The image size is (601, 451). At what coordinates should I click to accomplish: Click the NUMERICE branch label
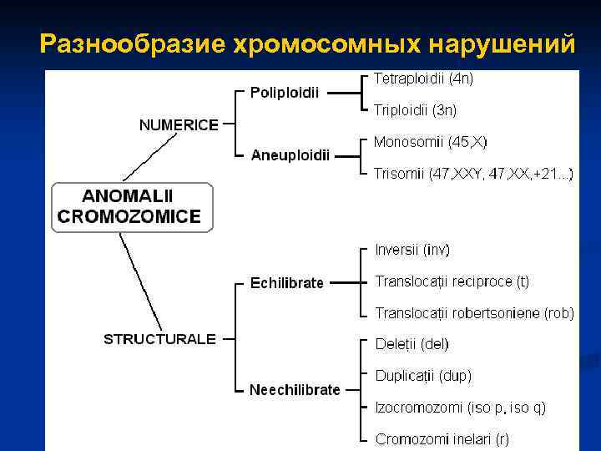(x=179, y=125)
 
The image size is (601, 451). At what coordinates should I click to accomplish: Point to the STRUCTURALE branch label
(x=159, y=339)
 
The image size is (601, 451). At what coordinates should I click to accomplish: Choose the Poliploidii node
(x=285, y=92)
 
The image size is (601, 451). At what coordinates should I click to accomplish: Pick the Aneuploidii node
(x=290, y=155)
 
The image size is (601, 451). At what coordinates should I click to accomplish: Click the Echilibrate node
(x=286, y=283)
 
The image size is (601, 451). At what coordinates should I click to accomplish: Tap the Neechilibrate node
(x=295, y=390)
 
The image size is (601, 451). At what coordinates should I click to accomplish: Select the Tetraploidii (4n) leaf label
(x=423, y=79)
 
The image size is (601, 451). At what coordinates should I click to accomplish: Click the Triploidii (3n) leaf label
(x=415, y=109)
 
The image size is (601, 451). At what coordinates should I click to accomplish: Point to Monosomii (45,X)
(x=431, y=142)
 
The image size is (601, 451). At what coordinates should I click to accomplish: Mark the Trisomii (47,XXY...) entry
(x=472, y=174)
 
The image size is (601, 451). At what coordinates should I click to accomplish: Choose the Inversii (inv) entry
(x=412, y=250)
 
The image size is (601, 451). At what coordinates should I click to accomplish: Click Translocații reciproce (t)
(x=452, y=281)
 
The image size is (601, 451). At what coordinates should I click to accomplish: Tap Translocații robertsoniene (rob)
(x=474, y=313)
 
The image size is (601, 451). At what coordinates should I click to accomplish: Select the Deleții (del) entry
(x=412, y=343)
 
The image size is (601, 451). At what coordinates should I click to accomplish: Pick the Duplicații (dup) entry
(x=423, y=375)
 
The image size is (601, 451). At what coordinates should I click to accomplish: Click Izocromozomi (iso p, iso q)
(x=461, y=407)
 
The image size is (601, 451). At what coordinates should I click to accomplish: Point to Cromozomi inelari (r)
(x=442, y=438)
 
